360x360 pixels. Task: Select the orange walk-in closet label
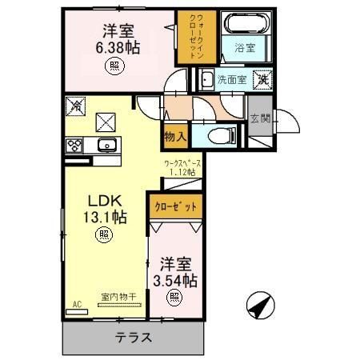191,37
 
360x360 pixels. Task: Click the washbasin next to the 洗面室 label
206,79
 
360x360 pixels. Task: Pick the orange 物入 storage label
175,137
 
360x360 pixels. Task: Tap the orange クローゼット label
175,206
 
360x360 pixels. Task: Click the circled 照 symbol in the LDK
104,234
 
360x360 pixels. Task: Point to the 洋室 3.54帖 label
175,272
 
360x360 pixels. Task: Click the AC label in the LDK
78,305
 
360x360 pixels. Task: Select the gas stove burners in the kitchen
74,145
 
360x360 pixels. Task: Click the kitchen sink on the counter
106,145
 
